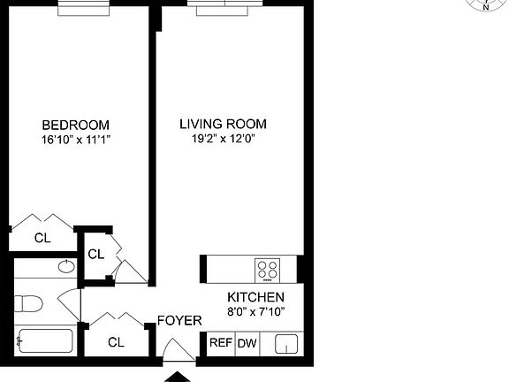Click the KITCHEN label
click(x=255, y=298)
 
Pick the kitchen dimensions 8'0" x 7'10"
click(x=255, y=312)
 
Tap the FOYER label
click(x=179, y=320)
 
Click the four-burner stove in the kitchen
click(x=267, y=269)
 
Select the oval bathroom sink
click(x=66, y=266)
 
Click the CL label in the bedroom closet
click(x=42, y=238)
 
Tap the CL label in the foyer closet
click(x=116, y=342)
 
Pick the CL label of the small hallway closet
click(x=96, y=255)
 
